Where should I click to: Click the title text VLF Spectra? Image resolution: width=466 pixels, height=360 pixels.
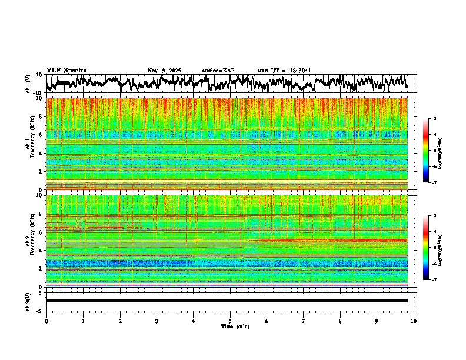coord(66,70)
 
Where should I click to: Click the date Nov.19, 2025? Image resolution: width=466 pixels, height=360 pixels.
coord(164,71)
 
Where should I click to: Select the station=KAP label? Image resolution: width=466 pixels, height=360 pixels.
coord(218,71)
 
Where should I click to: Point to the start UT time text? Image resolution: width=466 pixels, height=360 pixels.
coord(284,71)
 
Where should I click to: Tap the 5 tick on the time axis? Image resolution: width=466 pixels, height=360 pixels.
coord(230,321)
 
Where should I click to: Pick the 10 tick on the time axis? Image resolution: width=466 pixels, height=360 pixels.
coord(414,321)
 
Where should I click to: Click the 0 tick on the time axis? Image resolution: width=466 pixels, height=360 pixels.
coord(46,321)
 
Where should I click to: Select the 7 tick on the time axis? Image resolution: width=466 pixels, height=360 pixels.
coord(304,321)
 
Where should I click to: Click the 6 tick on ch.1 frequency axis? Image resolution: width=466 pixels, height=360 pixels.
coord(41,135)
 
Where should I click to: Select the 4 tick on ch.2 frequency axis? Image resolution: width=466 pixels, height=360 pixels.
coord(41,250)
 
